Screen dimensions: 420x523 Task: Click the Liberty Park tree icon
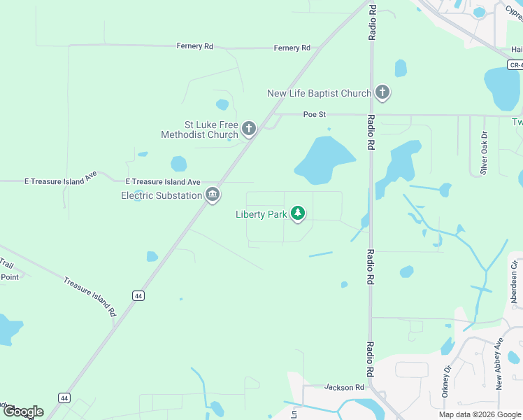pyautogui.click(x=299, y=213)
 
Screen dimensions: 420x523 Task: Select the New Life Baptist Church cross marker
pyautogui.click(x=382, y=92)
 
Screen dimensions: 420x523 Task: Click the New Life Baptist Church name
pyautogui.click(x=319, y=93)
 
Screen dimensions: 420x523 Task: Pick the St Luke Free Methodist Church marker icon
pyautogui.click(x=249, y=129)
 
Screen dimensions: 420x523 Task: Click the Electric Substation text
pyautogui.click(x=162, y=195)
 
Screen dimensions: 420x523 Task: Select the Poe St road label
pyautogui.click(x=315, y=114)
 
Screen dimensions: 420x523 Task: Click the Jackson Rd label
pyautogui.click(x=344, y=387)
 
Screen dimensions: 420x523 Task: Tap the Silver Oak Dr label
pyautogui.click(x=483, y=154)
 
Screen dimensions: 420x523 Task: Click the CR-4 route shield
pyautogui.click(x=515, y=65)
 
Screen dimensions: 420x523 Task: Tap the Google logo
pyautogui.click(x=23, y=412)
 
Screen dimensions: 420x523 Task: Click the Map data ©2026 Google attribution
pyautogui.click(x=480, y=414)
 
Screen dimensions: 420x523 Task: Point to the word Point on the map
pyautogui.click(x=10, y=276)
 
